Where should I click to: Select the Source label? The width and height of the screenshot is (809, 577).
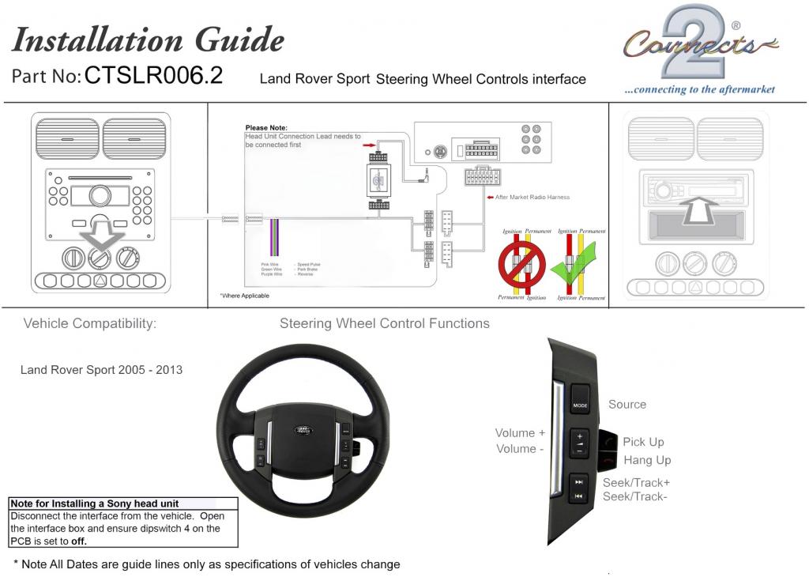[627, 404]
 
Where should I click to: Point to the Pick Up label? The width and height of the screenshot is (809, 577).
[643, 442]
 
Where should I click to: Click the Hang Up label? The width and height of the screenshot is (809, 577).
[647, 460]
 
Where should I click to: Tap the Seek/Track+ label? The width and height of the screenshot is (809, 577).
[636, 482]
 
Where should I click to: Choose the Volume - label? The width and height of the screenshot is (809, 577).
[520, 448]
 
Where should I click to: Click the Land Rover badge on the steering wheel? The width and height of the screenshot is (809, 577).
[303, 430]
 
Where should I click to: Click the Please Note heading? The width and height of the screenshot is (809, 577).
[266, 127]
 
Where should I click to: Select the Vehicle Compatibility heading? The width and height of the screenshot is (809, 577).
[89, 323]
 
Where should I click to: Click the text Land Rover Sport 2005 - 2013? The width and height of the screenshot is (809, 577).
[101, 369]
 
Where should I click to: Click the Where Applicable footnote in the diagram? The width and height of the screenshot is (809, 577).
[244, 296]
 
